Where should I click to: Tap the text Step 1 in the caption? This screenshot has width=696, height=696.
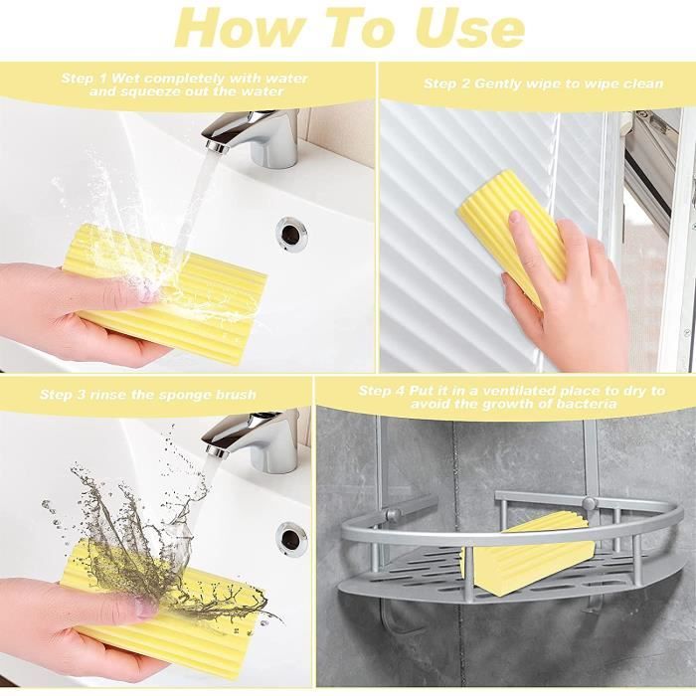pyautogui.click(x=85, y=79)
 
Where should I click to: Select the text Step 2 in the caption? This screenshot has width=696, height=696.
pyautogui.click(x=447, y=84)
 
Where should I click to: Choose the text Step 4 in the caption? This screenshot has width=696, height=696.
pyautogui.click(x=382, y=391)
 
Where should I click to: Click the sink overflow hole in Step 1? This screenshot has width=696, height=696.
pyautogui.click(x=291, y=232)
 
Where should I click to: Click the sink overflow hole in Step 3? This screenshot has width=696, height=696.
pyautogui.click(x=291, y=537)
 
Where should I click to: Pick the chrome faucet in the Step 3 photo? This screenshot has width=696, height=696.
pyautogui.click(x=256, y=440)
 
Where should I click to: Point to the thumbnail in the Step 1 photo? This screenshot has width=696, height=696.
pyautogui.click(x=145, y=294)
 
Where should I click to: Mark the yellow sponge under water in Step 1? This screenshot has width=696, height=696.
pyautogui.click(x=164, y=295)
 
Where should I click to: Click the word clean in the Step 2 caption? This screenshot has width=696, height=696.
pyautogui.click(x=643, y=84)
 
